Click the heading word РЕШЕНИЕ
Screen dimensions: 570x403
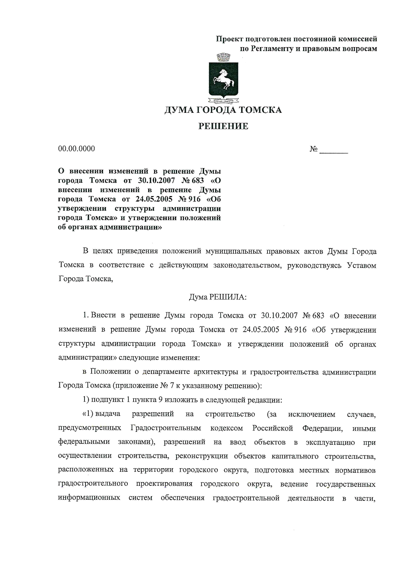click(223, 126)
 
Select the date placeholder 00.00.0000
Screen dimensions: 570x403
click(77, 149)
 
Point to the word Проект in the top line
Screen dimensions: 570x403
click(229, 39)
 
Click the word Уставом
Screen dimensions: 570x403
click(362, 265)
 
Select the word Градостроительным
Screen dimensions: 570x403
click(166, 428)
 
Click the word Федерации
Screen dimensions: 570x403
click(322, 428)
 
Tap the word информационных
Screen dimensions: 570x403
click(89, 498)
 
